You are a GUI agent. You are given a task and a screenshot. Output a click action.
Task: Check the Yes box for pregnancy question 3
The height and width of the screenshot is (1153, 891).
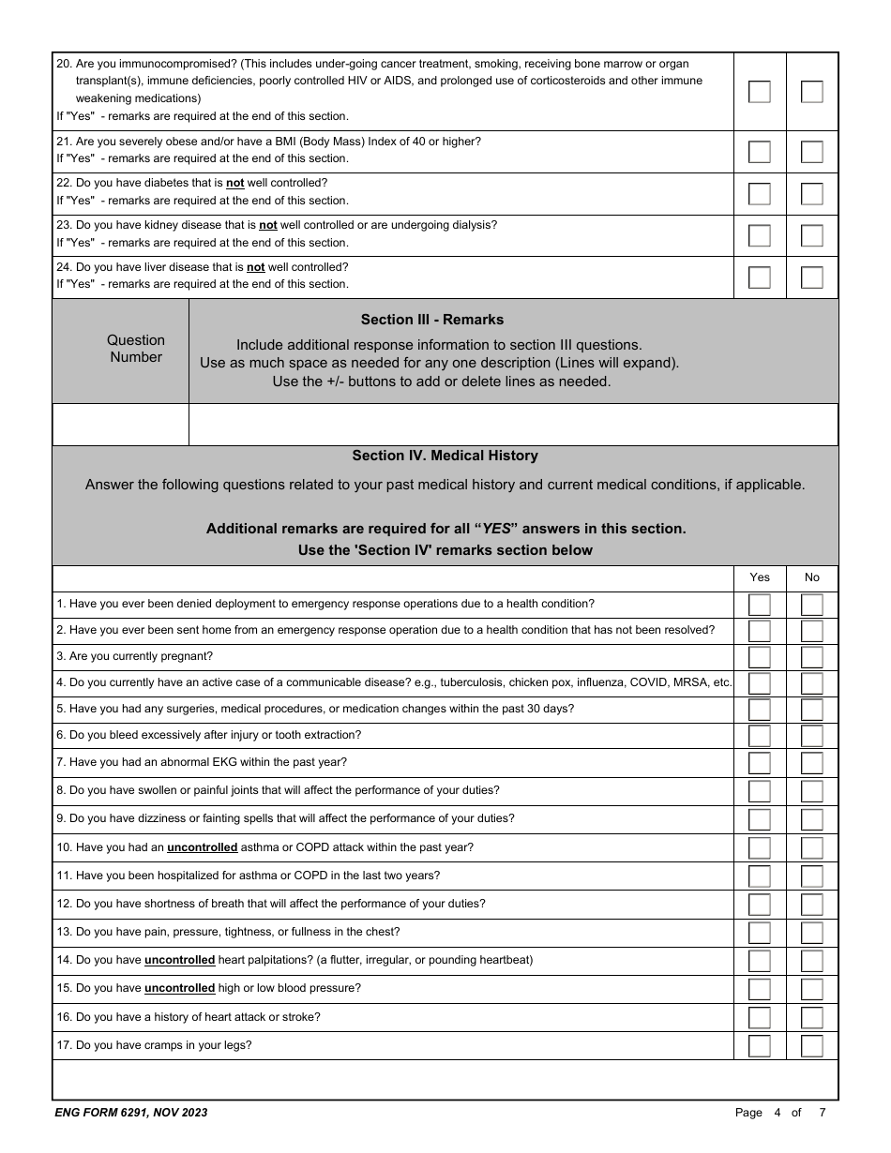point(759,657)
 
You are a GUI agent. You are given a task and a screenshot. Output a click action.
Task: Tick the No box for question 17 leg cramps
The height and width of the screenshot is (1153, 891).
point(811,1046)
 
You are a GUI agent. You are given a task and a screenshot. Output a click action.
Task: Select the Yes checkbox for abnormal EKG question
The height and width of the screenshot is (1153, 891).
point(759,763)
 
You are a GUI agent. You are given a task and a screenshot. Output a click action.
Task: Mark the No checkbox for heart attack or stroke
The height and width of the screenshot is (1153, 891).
point(811,1018)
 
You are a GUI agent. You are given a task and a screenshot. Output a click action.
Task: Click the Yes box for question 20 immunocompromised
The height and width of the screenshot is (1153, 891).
point(759,92)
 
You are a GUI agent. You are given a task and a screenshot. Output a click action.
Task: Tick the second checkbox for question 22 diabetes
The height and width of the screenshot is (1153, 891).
point(811,194)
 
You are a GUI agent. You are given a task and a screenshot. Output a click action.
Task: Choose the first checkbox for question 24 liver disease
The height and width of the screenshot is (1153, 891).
point(759,277)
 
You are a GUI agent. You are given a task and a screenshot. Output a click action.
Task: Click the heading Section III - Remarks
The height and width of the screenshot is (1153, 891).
point(431,320)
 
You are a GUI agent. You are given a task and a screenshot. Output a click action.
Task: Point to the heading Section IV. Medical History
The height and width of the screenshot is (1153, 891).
point(445,456)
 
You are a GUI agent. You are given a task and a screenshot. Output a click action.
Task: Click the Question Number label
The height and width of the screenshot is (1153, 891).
point(135,349)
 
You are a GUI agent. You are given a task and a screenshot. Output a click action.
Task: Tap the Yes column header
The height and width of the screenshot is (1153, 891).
point(759,577)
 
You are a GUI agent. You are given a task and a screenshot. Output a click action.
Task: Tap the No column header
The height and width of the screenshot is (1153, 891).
point(811,577)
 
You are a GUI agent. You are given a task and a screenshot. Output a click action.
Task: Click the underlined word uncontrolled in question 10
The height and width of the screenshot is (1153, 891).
point(202,847)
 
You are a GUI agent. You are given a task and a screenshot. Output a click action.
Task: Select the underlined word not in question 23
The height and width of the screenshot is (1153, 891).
point(267,225)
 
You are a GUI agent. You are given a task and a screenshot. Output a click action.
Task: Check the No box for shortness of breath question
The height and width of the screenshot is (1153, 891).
point(811,905)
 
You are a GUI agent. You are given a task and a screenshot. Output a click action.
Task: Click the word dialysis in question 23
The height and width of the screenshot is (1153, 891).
point(472,225)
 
